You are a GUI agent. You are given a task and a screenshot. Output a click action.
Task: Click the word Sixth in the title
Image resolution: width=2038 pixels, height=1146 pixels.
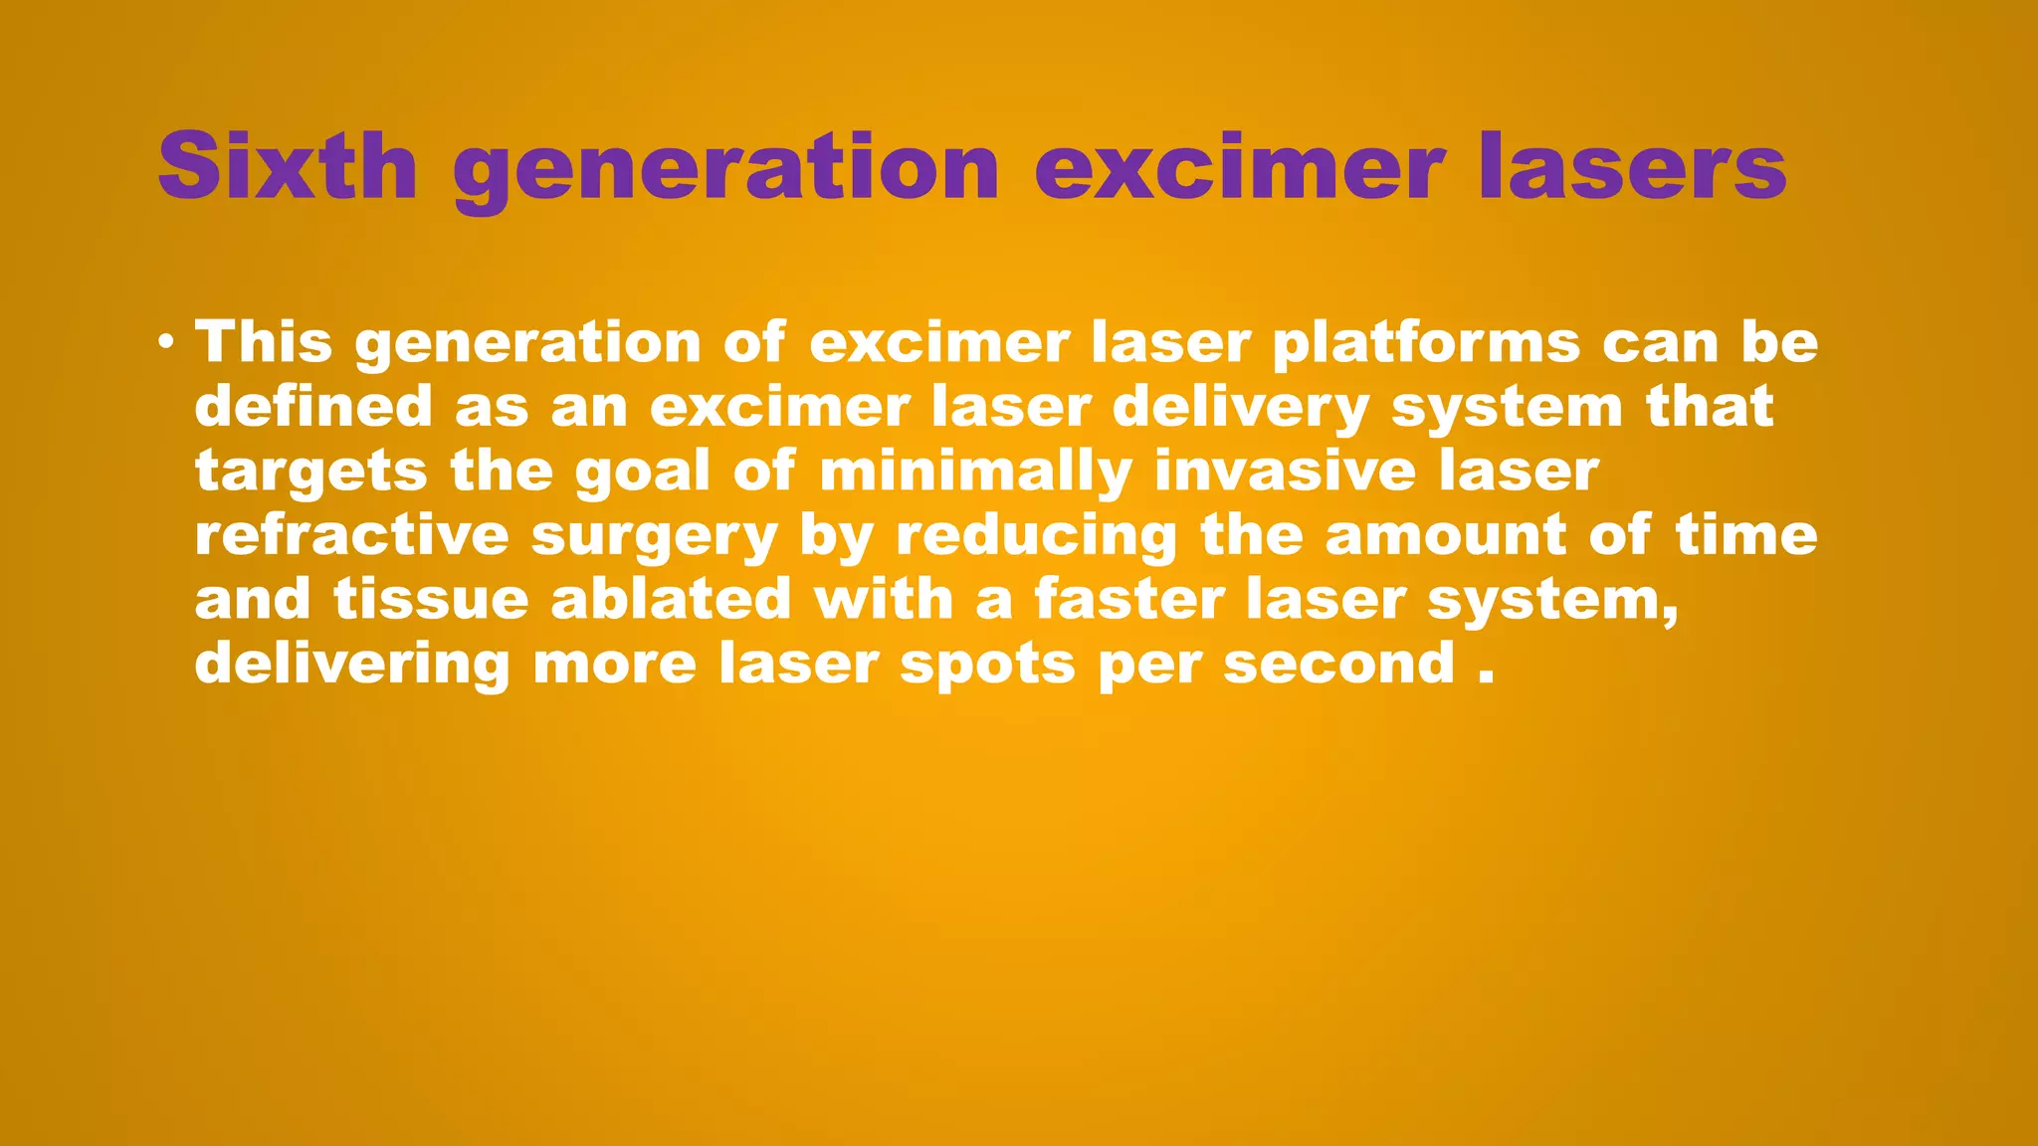click(287, 166)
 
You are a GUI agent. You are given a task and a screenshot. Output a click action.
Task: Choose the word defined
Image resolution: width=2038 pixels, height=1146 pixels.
click(313, 407)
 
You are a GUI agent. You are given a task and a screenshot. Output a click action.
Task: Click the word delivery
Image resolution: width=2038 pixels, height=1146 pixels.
click(1240, 409)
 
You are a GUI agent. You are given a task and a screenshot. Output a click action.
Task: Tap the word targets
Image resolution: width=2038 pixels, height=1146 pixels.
click(310, 473)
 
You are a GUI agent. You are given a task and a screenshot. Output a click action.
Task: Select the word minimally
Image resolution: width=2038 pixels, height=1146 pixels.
click(975, 473)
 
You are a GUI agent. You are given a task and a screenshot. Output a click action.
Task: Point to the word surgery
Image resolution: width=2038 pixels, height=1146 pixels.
click(654, 538)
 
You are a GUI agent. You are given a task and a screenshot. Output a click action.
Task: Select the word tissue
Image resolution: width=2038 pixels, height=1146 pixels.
click(430, 600)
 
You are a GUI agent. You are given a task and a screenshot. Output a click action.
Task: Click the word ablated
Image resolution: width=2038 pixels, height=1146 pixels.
click(670, 600)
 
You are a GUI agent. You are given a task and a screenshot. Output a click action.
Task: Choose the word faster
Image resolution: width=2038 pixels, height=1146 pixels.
click(1128, 600)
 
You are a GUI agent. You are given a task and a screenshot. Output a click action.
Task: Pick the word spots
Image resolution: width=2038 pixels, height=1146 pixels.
click(987, 666)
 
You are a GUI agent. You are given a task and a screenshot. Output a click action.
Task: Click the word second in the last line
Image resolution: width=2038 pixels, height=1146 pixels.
click(1339, 664)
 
